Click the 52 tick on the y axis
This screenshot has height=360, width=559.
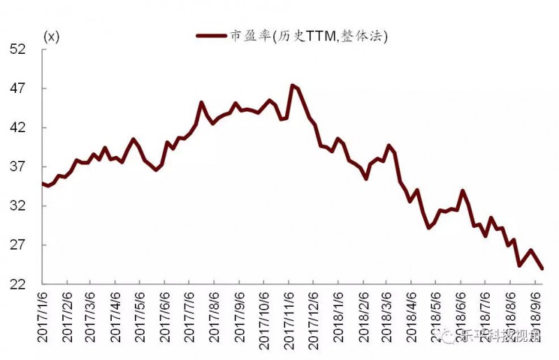coord(17,50)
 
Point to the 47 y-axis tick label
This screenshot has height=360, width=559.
coord(17,89)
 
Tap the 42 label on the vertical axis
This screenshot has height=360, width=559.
coord(17,128)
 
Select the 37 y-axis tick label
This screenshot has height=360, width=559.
coord(17,167)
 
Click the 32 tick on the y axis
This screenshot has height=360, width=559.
coord(17,206)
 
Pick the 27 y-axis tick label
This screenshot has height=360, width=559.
coord(17,245)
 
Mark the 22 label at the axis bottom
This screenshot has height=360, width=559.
coord(17,285)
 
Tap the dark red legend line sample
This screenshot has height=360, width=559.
coord(212,36)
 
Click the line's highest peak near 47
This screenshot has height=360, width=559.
coord(292,85)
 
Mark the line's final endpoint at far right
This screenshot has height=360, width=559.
coord(542,268)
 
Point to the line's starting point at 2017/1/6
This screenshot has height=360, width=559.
coord(43,183)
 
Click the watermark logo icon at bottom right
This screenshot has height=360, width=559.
coord(447,337)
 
